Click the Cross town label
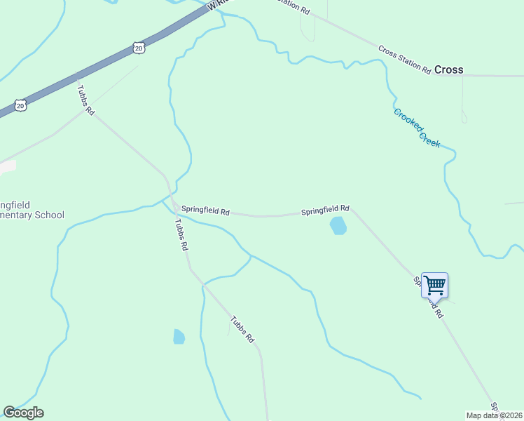(449, 69)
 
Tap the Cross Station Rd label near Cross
(404, 59)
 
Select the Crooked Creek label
(417, 127)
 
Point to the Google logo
(23, 413)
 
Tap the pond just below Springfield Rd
(338, 226)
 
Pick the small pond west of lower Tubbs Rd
(179, 337)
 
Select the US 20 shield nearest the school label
(20, 105)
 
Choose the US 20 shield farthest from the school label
(138, 47)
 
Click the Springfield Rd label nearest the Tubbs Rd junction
(205, 210)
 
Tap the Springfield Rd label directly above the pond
(325, 210)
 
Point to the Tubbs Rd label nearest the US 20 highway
(85, 99)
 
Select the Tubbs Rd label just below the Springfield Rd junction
(181, 234)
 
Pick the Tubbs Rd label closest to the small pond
(242, 329)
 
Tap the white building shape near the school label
(6, 168)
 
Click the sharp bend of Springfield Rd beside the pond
(352, 208)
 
